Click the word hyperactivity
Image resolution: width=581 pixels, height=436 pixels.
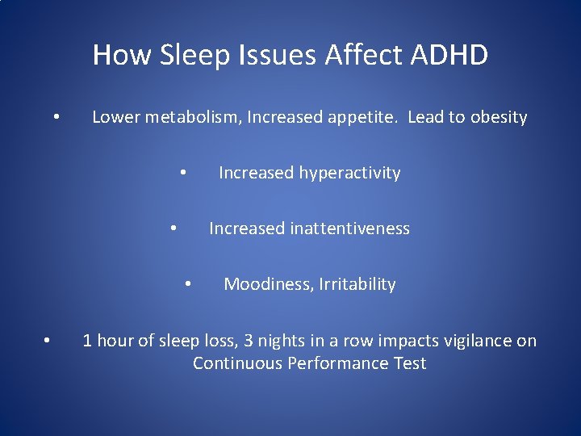[x=350, y=173]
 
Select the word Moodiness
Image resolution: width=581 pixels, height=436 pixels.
[x=268, y=284]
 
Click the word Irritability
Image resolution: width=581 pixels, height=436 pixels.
[x=357, y=284]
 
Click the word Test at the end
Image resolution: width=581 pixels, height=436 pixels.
[x=409, y=363]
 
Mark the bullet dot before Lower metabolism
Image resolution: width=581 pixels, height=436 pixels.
[x=56, y=117]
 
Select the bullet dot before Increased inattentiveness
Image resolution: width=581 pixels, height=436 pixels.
[x=173, y=228]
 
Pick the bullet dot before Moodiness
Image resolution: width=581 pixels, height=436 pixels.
[x=187, y=283]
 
